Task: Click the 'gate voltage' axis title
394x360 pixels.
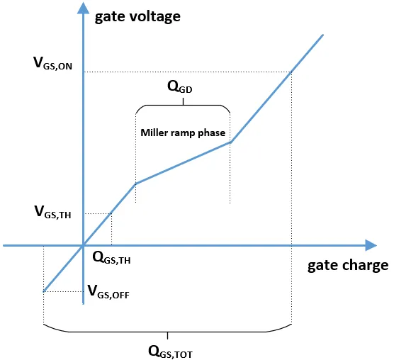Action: (x=137, y=17)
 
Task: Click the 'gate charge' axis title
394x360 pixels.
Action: (x=348, y=266)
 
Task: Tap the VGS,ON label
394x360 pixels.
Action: (x=52, y=63)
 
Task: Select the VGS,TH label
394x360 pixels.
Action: (x=52, y=212)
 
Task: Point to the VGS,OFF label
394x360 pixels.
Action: (x=108, y=292)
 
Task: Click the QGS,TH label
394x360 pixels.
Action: (x=111, y=258)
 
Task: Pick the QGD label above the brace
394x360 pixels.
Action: (x=180, y=87)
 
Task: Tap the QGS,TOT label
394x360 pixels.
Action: (x=170, y=351)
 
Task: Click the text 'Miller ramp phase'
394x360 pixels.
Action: (x=183, y=133)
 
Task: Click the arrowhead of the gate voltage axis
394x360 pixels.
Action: (x=83, y=8)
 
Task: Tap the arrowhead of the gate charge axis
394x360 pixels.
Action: (x=371, y=245)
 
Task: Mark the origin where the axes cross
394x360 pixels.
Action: (x=83, y=245)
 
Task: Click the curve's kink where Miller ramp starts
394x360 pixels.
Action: (x=135, y=184)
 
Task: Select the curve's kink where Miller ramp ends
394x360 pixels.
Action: (x=231, y=142)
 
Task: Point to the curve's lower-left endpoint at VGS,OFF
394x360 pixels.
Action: (x=44, y=291)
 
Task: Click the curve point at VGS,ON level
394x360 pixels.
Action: (x=291, y=72)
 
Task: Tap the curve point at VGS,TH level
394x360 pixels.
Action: (x=111, y=213)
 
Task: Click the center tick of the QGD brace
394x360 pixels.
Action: (x=183, y=101)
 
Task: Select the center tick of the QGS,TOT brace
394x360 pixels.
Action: (x=168, y=335)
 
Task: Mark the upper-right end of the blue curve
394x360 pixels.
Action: (x=323, y=35)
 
